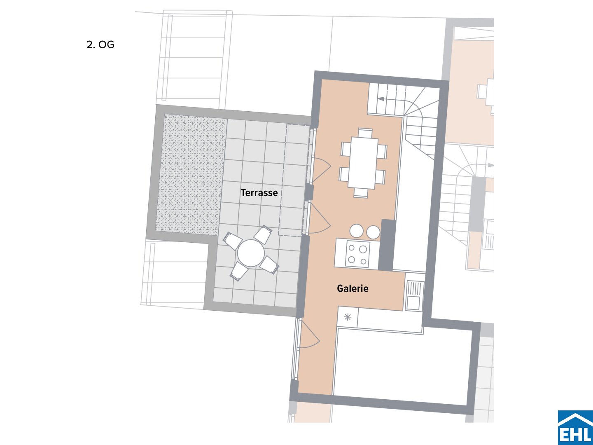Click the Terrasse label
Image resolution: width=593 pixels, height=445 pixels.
259,193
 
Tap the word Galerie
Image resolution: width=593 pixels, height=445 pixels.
353,288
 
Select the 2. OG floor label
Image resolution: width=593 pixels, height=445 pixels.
100,44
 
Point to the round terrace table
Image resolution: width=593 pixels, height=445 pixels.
251,253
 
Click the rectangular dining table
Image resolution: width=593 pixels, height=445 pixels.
363,163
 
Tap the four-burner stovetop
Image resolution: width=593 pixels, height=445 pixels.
357,254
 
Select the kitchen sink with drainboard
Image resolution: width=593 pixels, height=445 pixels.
414,295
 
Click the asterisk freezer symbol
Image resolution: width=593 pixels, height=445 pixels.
348,317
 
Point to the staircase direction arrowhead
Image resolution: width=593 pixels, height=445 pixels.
381,98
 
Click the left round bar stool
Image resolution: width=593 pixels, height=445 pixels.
356,231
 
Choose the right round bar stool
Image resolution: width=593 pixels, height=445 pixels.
373,232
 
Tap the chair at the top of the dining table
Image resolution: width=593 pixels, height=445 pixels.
365,133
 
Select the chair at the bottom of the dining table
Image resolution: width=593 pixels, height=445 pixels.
361,193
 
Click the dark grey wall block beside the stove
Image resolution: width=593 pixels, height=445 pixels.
387,245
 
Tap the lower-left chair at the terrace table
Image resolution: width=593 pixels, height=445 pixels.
239,272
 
